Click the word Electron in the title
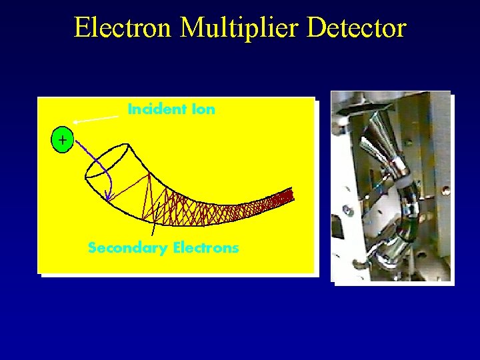[123, 28]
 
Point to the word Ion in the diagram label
[203, 109]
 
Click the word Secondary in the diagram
[127, 248]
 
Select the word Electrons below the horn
[205, 248]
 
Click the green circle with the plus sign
[62, 141]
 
